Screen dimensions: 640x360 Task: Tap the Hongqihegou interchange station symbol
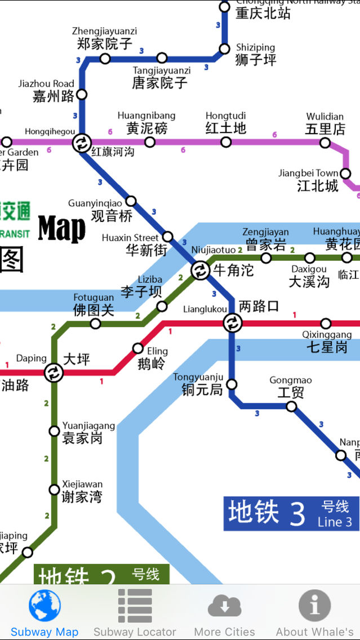pos(82,143)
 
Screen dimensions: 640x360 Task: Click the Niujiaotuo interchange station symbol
pos(200,270)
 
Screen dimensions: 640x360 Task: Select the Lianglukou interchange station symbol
pos(232,323)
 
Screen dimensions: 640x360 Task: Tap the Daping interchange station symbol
pos(54,372)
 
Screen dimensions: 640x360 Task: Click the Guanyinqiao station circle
pos(131,201)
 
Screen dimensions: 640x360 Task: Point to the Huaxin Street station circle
pos(167,237)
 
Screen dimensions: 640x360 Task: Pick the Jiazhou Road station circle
pos(82,94)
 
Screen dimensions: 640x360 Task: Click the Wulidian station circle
pos(325,143)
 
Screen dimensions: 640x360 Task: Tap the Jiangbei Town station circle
pos(345,174)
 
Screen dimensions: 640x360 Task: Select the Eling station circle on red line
pos(137,348)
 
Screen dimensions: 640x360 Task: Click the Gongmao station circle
pos(291,406)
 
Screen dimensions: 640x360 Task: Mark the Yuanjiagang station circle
pos(54,431)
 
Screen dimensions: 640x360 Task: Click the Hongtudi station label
pos(225,123)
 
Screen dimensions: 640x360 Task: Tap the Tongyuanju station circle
pos(231,384)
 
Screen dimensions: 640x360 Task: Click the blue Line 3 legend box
pos(291,513)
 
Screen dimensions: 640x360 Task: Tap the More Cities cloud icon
pos(224,606)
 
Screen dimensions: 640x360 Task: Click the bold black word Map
pos(62,229)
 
